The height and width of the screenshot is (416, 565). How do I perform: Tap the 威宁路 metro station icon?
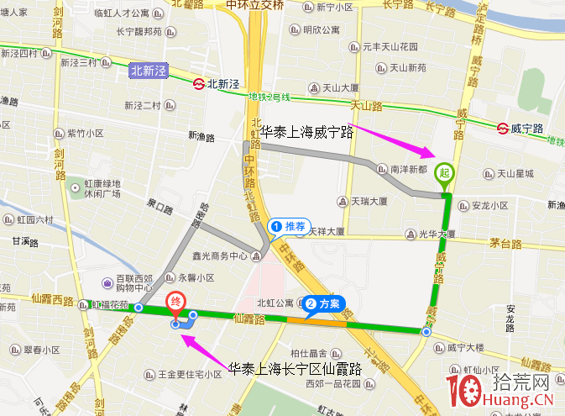501,129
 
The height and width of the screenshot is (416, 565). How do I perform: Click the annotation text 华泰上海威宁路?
303,132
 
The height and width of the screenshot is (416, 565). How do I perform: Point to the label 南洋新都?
409,169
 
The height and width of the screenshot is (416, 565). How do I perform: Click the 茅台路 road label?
505,245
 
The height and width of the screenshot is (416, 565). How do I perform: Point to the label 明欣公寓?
321,30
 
